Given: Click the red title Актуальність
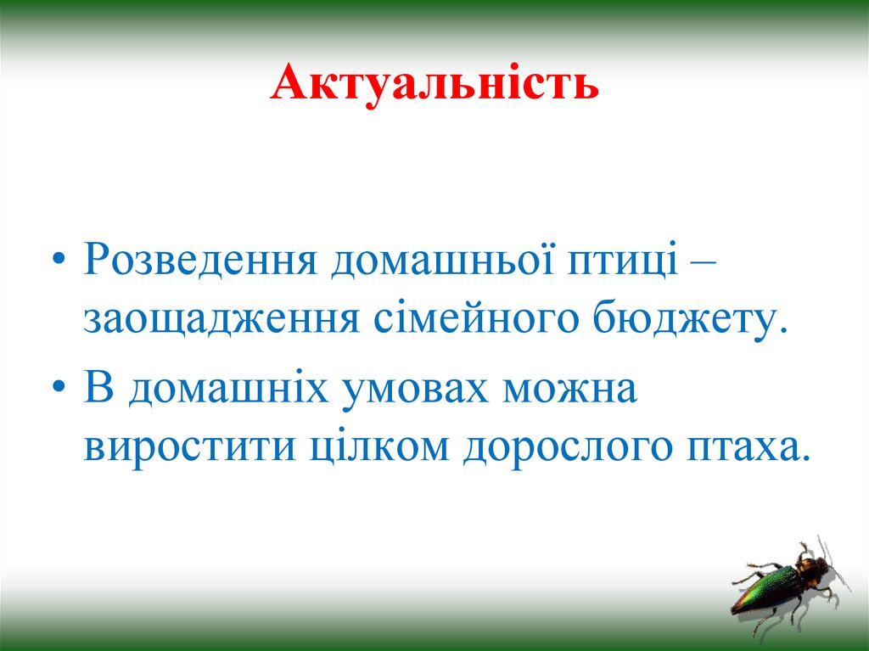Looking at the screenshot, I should pos(434,86).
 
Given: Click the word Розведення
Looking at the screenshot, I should pos(200,262).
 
